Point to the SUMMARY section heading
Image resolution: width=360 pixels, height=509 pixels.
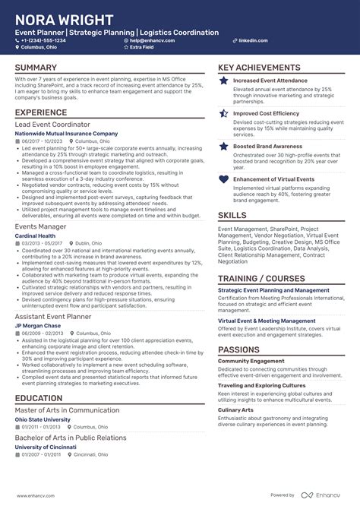coord(36,68)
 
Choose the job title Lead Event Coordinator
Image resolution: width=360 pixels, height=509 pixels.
coord(52,124)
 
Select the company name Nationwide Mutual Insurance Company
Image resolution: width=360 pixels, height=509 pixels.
coord(67,133)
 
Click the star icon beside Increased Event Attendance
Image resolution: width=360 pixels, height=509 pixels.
coord(223,81)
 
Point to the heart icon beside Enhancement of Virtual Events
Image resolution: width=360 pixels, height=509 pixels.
coord(223,180)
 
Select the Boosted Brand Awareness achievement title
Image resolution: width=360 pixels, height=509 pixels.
coord(269,146)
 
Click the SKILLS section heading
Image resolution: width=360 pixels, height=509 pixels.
coord(232,216)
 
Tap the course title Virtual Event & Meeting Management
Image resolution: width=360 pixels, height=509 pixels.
coord(267,321)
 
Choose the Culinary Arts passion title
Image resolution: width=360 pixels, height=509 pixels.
coord(235,409)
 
